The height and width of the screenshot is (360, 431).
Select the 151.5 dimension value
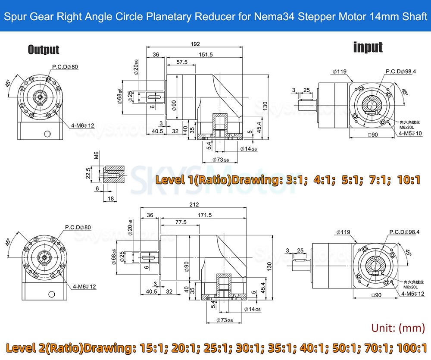coord(205,54)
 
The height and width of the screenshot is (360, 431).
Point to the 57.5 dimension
coord(182,62)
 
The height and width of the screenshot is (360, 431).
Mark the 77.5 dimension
coord(181,222)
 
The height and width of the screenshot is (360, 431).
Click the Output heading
coord(44,50)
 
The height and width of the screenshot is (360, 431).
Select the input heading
coord(368,47)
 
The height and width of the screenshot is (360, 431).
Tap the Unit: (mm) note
coord(399,328)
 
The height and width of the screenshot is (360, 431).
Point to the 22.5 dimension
coord(88,173)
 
